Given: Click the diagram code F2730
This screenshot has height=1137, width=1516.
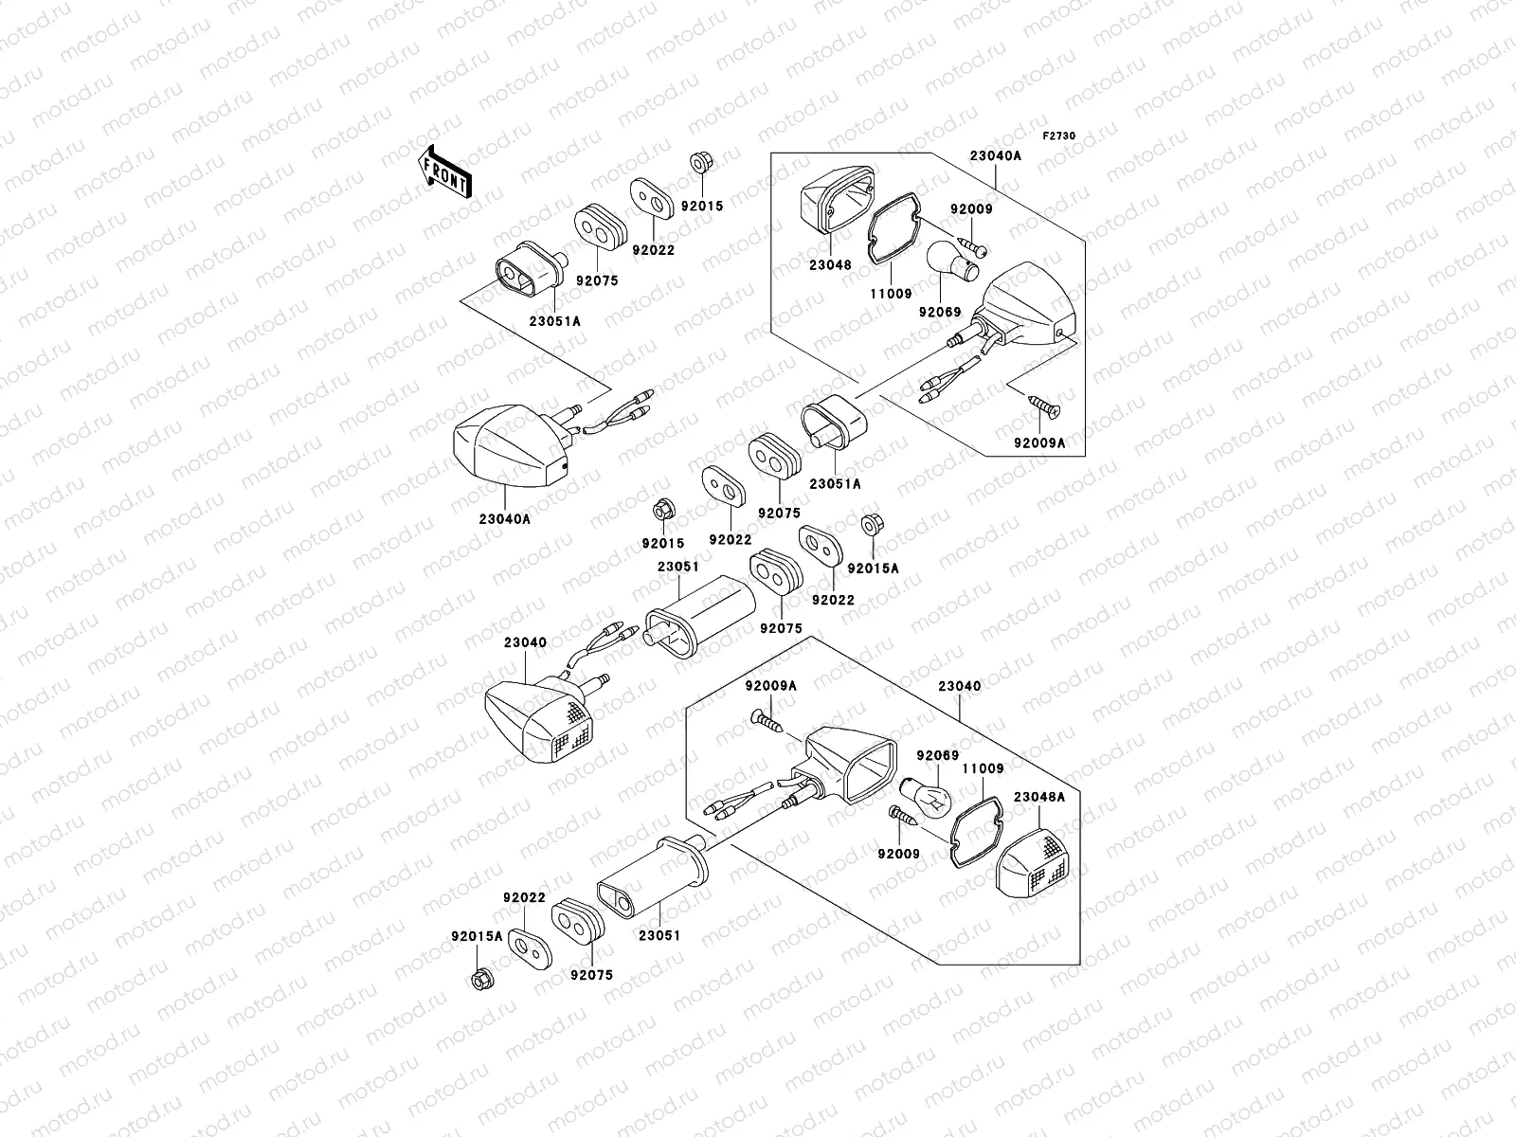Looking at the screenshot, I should [1059, 136].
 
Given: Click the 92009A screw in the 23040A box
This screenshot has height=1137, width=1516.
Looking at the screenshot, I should [1044, 408].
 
